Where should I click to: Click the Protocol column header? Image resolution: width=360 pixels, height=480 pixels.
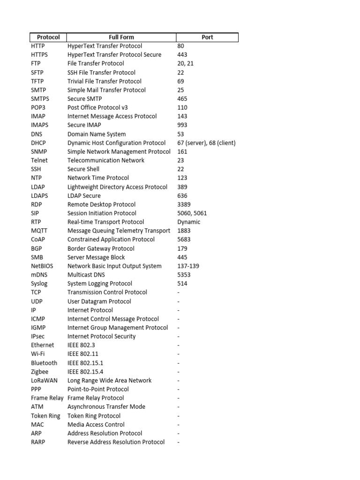click(48, 37)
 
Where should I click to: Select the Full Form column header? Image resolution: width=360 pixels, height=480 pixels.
click(121, 37)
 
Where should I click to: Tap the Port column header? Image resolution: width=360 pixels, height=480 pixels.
click(207, 37)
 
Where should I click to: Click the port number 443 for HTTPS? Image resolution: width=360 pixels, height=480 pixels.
click(182, 55)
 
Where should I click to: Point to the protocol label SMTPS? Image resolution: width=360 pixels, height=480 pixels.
click(40, 99)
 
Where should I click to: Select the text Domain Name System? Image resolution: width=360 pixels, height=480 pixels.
click(97, 134)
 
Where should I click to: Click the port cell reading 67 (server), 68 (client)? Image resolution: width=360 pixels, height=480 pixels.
click(206, 143)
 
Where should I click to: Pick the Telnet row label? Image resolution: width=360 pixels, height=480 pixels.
click(39, 160)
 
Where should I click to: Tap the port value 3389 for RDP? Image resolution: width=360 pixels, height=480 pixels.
click(184, 204)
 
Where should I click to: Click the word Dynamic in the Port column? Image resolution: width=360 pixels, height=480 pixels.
click(188, 222)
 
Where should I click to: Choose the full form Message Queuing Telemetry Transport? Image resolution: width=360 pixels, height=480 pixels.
click(119, 231)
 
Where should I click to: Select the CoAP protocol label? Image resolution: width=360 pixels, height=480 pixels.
click(38, 240)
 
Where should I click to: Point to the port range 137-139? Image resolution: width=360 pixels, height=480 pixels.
click(188, 266)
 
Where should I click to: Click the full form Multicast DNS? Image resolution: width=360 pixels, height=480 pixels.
click(86, 275)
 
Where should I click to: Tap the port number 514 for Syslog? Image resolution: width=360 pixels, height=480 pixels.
click(182, 284)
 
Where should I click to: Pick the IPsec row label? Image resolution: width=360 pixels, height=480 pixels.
click(38, 337)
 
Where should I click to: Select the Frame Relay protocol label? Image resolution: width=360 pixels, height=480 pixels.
click(47, 398)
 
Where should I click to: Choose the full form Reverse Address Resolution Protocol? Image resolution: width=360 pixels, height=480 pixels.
click(116, 442)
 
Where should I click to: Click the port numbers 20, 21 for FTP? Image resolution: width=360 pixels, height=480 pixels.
click(185, 64)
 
